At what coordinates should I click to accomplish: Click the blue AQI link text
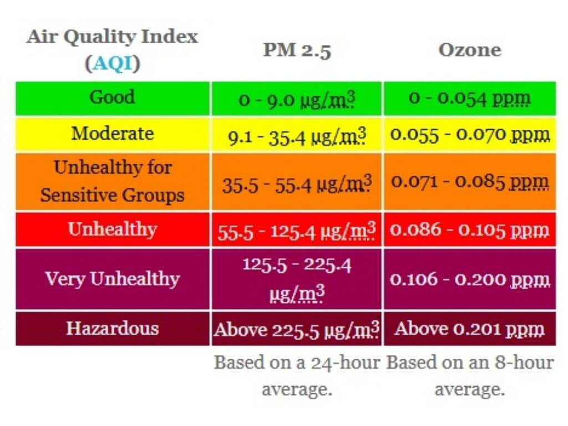[113, 64]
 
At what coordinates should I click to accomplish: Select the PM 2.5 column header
[297, 50]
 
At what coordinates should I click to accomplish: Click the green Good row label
[112, 97]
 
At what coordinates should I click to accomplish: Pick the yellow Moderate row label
[112, 134]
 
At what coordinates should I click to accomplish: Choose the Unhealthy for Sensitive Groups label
[112, 181]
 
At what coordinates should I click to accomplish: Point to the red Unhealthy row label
[112, 229]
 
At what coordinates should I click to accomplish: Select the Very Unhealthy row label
[112, 278]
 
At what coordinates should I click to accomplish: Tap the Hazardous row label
[112, 328]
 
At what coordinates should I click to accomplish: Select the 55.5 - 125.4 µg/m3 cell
[297, 230]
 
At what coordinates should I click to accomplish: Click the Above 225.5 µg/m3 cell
[297, 329]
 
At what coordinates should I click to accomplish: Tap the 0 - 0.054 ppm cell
[469, 99]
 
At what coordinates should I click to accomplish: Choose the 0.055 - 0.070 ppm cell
[469, 135]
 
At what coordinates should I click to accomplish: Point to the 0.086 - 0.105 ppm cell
[469, 230]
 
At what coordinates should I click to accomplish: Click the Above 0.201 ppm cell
[469, 329]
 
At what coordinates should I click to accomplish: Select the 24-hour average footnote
[297, 376]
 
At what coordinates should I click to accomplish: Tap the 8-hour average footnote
[469, 376]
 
